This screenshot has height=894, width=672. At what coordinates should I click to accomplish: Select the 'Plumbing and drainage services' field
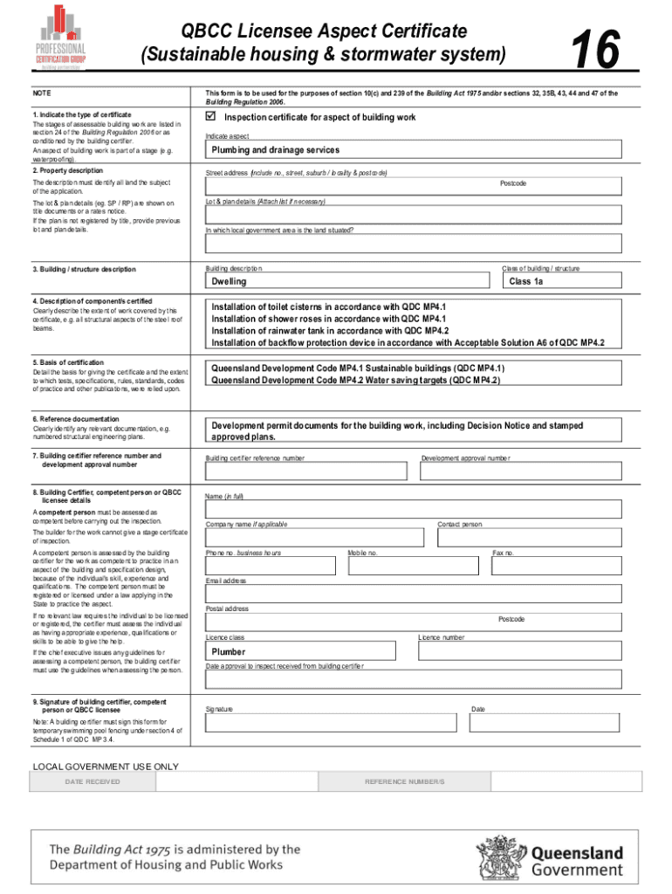(413, 150)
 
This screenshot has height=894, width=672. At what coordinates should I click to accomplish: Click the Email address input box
(413, 593)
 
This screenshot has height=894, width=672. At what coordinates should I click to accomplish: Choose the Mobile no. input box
(415, 565)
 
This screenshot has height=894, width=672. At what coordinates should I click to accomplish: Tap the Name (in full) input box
(413, 510)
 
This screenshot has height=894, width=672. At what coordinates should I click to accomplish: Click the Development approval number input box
(520, 471)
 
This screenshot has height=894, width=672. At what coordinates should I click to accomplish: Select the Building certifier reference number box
(305, 471)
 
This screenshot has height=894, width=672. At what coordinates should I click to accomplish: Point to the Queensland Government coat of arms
(500, 855)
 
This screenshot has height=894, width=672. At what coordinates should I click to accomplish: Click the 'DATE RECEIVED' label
(93, 781)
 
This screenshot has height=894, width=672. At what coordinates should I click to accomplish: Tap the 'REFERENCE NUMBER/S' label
(404, 781)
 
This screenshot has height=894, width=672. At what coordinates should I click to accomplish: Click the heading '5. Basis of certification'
(68, 362)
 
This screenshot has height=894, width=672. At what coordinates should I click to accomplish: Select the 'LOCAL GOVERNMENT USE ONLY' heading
(105, 767)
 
